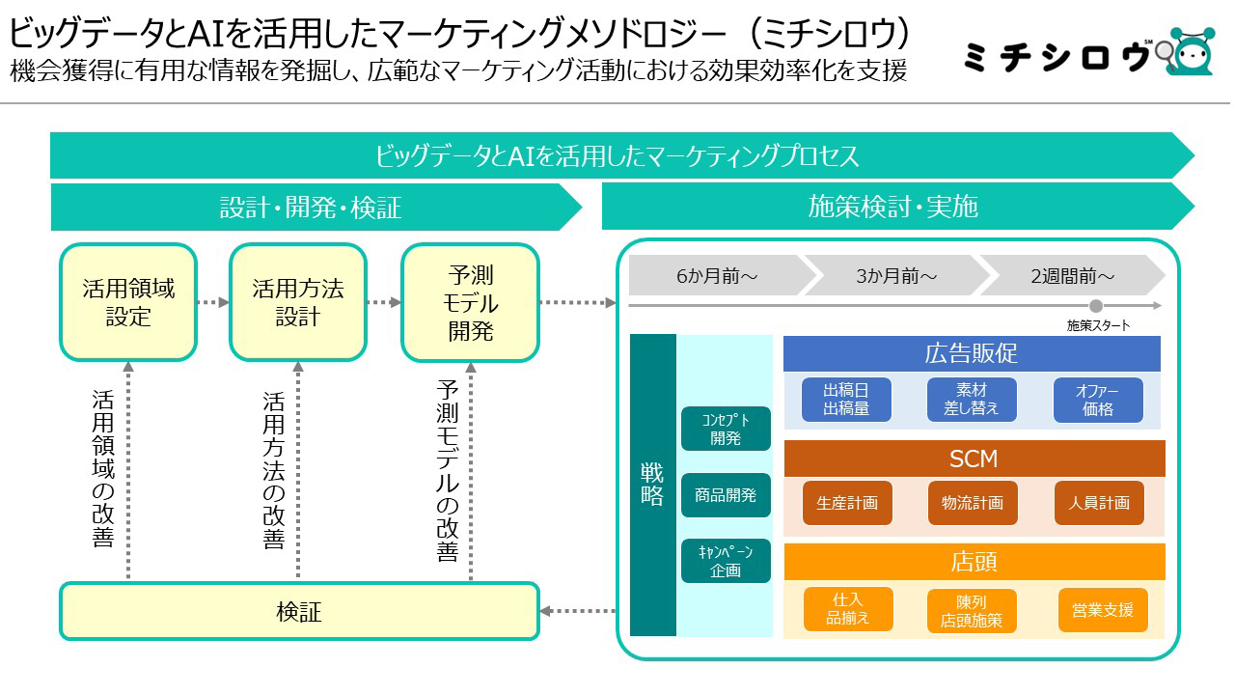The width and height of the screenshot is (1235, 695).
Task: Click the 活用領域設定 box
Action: (128, 302)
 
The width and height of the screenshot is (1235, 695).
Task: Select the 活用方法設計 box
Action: (298, 302)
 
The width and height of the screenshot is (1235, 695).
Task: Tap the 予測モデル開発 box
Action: (470, 302)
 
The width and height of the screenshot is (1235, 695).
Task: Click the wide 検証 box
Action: (299, 611)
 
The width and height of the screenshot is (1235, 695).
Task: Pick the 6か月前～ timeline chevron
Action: (721, 275)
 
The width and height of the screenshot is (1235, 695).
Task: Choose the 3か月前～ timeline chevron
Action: (897, 275)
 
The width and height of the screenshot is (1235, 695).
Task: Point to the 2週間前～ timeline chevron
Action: (1072, 275)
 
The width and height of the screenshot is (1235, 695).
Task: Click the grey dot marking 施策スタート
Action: (1096, 306)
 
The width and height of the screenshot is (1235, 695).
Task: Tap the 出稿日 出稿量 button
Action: (846, 400)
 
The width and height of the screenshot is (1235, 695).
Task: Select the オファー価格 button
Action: (1098, 400)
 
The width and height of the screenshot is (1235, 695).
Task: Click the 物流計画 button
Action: (973, 503)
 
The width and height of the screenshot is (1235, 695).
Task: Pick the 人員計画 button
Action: (1099, 503)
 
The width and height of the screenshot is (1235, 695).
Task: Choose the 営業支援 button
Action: (1103, 610)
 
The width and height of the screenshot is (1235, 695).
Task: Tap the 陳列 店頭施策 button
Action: (972, 611)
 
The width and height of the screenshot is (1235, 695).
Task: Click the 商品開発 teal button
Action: (726, 495)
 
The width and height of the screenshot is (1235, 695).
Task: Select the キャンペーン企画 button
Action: (726, 561)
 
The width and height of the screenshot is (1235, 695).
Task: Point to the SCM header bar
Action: (974, 459)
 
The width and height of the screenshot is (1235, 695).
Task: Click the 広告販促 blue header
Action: (972, 353)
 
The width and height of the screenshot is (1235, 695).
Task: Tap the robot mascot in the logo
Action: (1191, 51)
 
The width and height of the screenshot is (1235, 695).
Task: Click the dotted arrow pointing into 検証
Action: (578, 611)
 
